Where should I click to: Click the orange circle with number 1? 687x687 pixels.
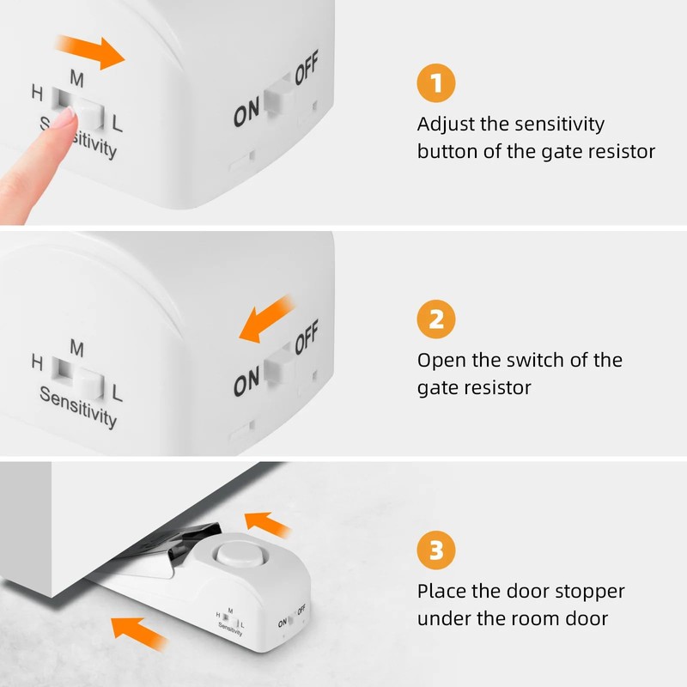pos(436,83)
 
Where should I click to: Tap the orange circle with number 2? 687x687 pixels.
pos(436,319)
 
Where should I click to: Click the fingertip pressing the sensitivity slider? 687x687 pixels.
pos(62,123)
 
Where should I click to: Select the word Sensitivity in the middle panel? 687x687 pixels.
pos(78,407)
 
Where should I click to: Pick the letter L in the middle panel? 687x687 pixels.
pos(117,394)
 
